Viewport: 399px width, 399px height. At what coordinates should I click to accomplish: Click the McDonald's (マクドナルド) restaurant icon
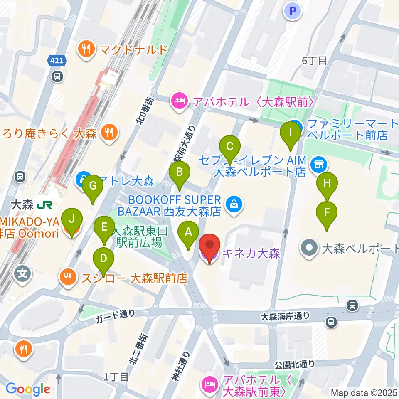(86, 50)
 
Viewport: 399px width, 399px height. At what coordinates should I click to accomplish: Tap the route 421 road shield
(57, 61)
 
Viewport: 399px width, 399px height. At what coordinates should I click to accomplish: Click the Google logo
(28, 389)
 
